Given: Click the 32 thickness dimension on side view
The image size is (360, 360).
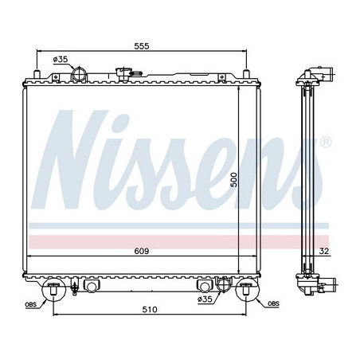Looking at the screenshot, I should [x=324, y=252].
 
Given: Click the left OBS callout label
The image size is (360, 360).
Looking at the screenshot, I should [x=30, y=303].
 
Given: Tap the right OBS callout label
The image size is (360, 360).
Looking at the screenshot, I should [x=273, y=303].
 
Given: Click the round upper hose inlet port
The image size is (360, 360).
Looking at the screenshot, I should [x=80, y=76].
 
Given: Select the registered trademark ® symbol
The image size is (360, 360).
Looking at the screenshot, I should [x=326, y=142].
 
